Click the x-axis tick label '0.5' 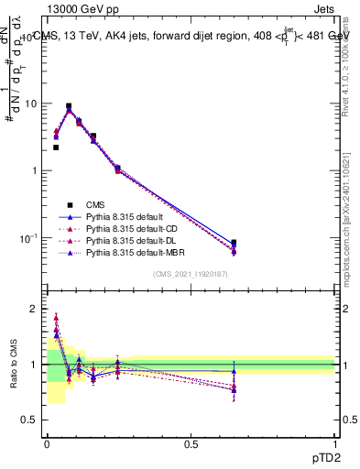tap(191, 443)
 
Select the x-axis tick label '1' tap(335, 443)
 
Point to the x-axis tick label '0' tap(47, 443)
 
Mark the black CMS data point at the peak tap(69, 106)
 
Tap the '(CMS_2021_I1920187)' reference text tap(191, 275)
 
